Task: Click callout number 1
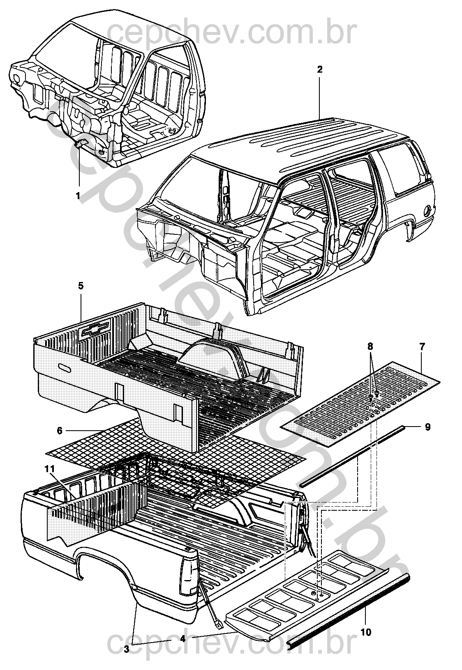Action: [x=78, y=196]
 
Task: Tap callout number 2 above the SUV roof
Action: [x=320, y=70]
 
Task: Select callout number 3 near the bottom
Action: [x=127, y=647]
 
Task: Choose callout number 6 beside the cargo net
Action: [x=60, y=431]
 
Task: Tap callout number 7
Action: [x=422, y=347]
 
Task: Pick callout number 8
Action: [x=370, y=346]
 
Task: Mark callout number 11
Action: [x=50, y=470]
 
